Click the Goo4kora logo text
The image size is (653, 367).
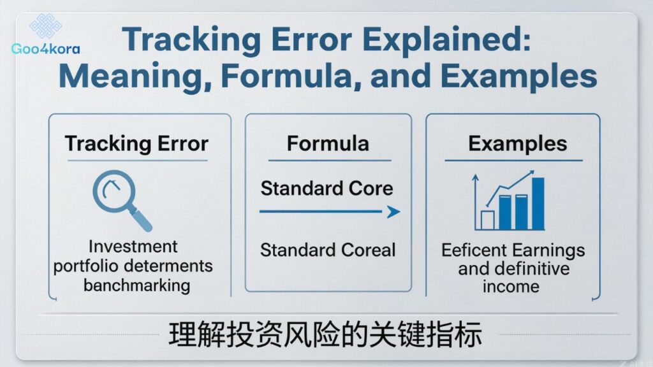(45, 48)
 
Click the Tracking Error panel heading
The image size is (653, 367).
(136, 143)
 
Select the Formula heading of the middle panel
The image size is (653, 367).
(327, 143)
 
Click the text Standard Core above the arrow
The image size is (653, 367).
(326, 189)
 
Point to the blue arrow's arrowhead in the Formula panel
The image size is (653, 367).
(393, 212)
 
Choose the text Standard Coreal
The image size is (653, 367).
(328, 249)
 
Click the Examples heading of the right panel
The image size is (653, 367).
(517, 143)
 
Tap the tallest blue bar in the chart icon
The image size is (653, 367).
(537, 203)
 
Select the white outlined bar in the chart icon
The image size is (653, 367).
(488, 220)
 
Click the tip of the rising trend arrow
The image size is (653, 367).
(532, 173)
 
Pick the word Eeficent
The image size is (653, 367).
(472, 250)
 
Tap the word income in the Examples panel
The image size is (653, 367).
(511, 286)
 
